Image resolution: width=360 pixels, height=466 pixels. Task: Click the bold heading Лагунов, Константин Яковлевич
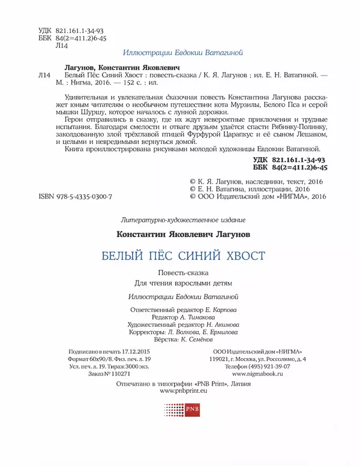pyautogui.click(x=122, y=68)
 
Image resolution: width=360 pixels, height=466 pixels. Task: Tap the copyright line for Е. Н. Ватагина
pyautogui.click(x=249, y=188)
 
